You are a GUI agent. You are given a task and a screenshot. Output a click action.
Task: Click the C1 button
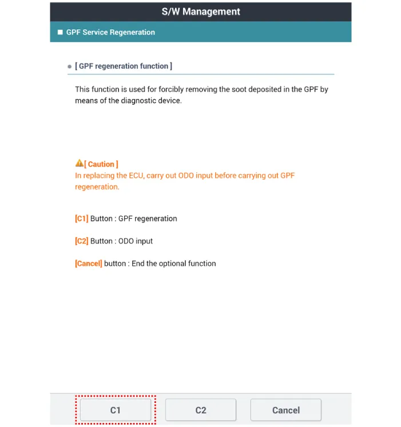click(115, 410)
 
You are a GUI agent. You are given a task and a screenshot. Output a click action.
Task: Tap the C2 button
click(200, 410)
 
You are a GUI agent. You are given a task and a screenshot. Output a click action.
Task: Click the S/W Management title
click(200, 11)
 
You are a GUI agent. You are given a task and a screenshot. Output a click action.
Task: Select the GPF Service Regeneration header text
click(110, 32)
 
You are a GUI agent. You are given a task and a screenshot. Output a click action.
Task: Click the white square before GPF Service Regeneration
click(59, 32)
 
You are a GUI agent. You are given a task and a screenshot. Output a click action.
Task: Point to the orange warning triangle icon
click(80, 164)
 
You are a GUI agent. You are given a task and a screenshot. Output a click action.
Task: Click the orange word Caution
click(101, 164)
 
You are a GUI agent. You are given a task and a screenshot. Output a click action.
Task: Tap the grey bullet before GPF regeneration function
click(70, 67)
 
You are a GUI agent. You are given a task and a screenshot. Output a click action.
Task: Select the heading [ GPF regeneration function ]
click(124, 66)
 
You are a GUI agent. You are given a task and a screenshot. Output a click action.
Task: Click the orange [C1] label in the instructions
click(82, 219)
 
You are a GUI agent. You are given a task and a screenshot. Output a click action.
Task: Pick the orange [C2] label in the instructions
click(82, 241)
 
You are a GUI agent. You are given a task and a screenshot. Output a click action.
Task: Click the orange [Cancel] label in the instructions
click(89, 264)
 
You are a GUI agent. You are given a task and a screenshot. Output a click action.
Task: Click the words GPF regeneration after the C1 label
click(148, 219)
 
